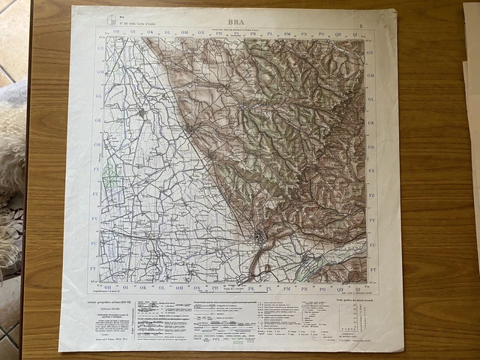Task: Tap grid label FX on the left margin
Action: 96,170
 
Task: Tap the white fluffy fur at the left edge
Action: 10,150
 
